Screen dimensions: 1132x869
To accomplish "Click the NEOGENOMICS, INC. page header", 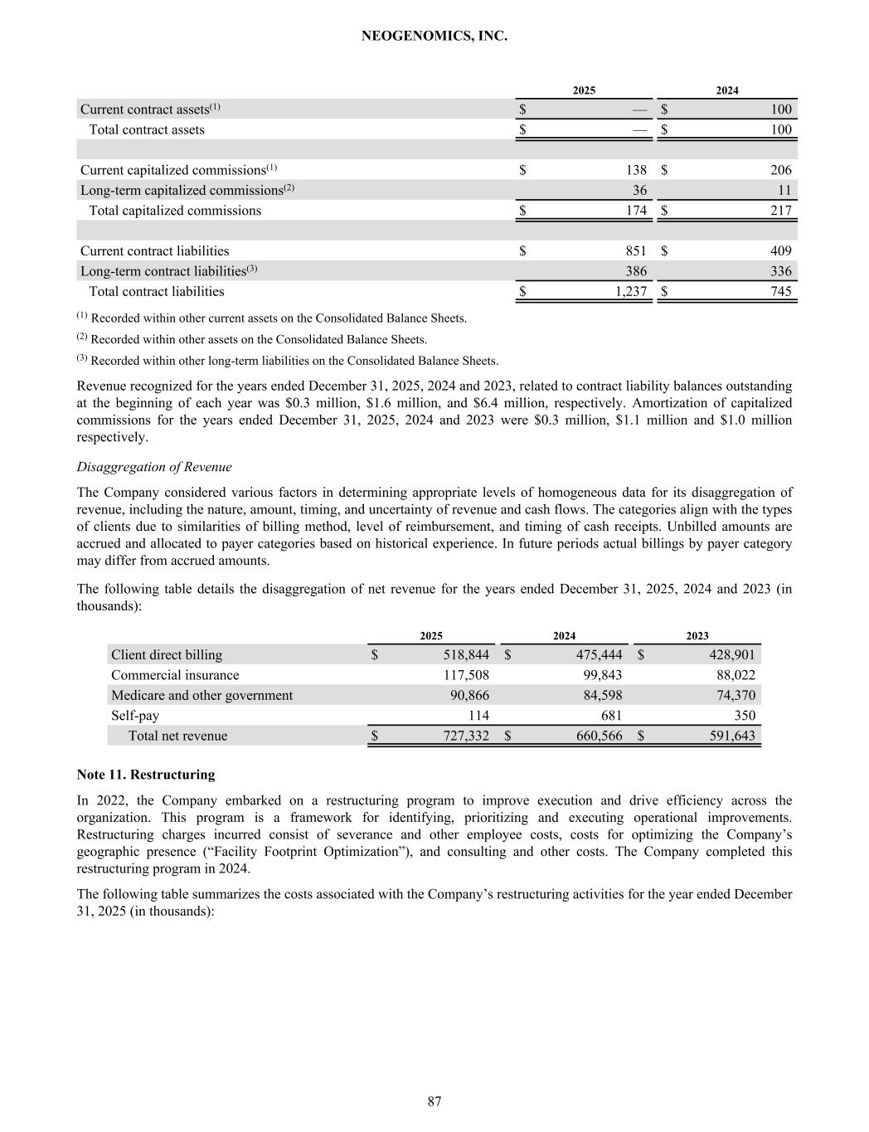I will [x=434, y=36].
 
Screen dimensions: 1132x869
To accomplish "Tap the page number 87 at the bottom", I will [x=434, y=1101].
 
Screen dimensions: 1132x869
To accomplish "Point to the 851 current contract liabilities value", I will [x=634, y=251].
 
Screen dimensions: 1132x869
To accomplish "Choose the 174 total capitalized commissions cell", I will [x=636, y=211].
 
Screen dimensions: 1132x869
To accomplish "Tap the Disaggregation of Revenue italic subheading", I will [x=154, y=467].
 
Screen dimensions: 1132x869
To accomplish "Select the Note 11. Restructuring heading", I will [x=146, y=775].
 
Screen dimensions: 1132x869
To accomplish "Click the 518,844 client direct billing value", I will [x=466, y=655].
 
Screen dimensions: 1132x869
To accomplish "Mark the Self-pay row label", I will [x=135, y=716].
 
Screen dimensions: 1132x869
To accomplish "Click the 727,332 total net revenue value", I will [x=466, y=736].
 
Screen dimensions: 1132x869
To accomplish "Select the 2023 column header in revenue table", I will [x=697, y=636].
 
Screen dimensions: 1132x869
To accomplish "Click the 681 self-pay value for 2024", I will [x=610, y=716].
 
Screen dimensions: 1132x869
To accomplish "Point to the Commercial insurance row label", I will [x=175, y=675].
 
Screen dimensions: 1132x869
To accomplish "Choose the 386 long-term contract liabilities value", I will [x=636, y=271].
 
